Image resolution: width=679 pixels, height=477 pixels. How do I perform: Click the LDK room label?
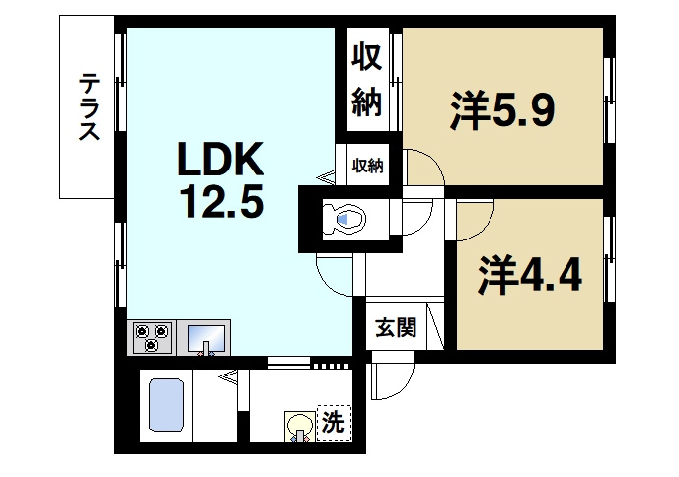[x=220, y=159]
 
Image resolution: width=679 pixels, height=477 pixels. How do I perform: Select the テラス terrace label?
[x=89, y=107]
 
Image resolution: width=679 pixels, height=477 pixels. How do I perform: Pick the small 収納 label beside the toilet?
[x=368, y=166]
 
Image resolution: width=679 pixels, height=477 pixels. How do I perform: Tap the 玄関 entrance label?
[x=394, y=328]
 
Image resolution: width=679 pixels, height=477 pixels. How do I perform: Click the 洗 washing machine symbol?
[x=334, y=424]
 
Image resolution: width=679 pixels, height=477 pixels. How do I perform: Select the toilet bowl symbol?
[x=346, y=218]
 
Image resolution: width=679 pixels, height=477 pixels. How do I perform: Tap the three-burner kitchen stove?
[x=152, y=338]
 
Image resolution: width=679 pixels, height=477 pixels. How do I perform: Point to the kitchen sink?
[x=206, y=338]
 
